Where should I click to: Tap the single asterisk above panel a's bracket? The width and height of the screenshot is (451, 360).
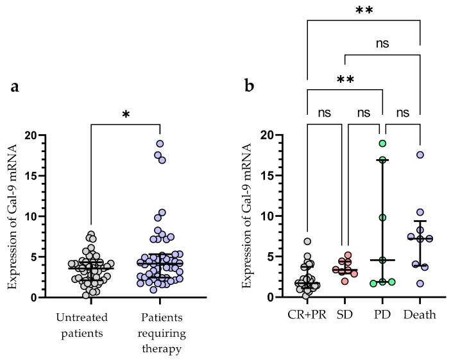pyautogui.click(x=126, y=115)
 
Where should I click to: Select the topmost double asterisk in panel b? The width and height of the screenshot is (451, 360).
pyautogui.click(x=363, y=12)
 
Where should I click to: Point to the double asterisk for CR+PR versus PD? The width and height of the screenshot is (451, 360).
pyautogui.click(x=345, y=80)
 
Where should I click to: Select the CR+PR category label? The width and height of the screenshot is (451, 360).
pyautogui.click(x=307, y=315)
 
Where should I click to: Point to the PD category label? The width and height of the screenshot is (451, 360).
pyautogui.click(x=382, y=315)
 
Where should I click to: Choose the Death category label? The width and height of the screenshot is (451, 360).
pyautogui.click(x=420, y=315)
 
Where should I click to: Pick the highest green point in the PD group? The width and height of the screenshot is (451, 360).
pyautogui.click(x=382, y=144)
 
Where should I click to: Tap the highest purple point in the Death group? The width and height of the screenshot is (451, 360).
pyautogui.click(x=420, y=155)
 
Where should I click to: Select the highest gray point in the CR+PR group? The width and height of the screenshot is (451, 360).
pyautogui.click(x=307, y=242)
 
